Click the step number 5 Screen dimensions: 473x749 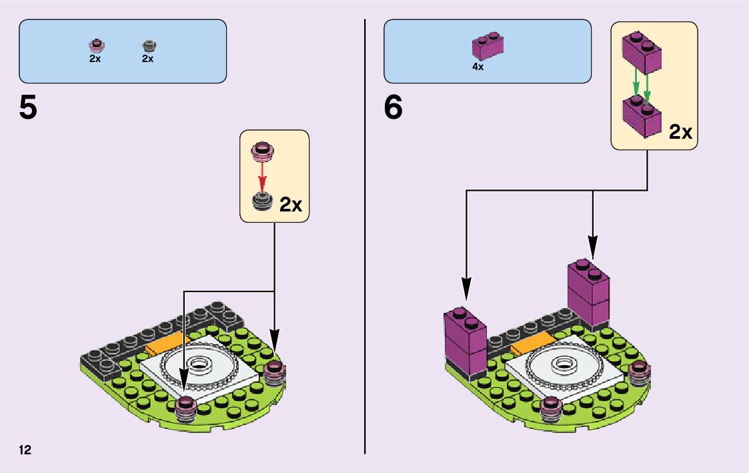click(x=28, y=109)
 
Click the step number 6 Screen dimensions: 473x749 click(x=394, y=109)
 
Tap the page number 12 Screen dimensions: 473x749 click(x=25, y=450)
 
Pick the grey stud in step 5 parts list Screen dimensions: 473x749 click(x=148, y=46)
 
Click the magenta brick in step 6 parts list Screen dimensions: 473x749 click(x=488, y=47)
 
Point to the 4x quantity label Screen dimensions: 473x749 click(x=478, y=67)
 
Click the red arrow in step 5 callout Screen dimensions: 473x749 click(x=262, y=175)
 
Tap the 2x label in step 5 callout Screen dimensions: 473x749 click(x=291, y=205)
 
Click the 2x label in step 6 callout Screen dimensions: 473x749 click(x=680, y=132)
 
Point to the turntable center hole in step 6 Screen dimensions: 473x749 click(x=564, y=364)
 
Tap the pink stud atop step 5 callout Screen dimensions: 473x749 click(x=262, y=151)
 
